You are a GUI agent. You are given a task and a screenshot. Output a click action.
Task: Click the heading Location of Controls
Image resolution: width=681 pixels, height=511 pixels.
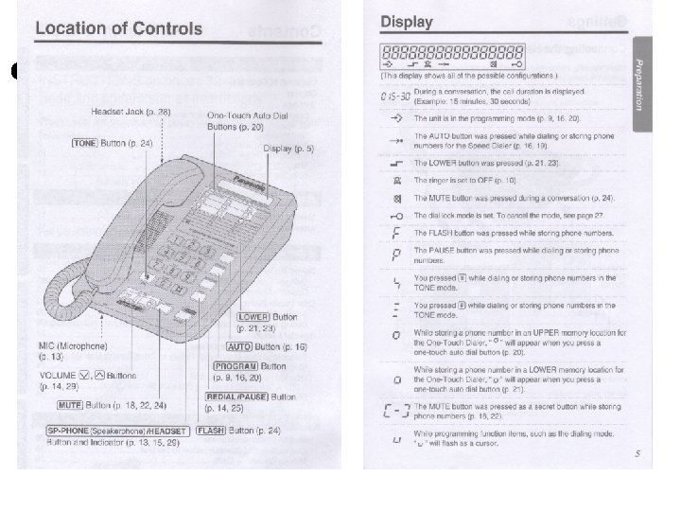pyautogui.click(x=118, y=27)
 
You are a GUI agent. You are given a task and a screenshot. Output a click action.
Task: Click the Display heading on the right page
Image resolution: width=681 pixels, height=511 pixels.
pyautogui.click(x=407, y=22)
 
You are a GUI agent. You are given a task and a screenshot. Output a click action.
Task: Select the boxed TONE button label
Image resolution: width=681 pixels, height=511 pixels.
pyautogui.click(x=86, y=142)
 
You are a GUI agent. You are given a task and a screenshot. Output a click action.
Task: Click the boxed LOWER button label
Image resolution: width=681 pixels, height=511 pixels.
pyautogui.click(x=253, y=317)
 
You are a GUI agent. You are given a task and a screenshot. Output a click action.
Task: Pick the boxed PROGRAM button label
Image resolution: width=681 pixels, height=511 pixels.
pyautogui.click(x=235, y=365)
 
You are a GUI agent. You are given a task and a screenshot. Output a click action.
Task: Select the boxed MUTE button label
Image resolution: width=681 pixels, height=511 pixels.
pyautogui.click(x=69, y=405)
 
